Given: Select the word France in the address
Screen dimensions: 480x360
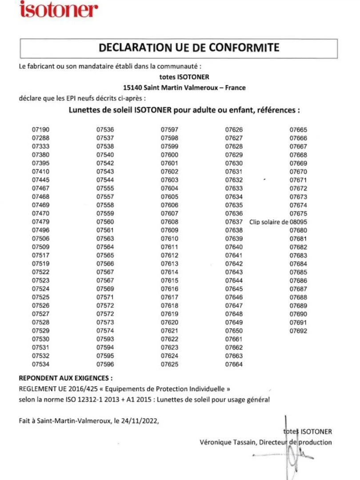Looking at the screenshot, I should pyautogui.click(x=235, y=88).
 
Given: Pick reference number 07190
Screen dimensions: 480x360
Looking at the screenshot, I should pyautogui.click(x=40, y=130).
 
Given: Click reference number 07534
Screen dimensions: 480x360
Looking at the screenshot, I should pyautogui.click(x=40, y=364).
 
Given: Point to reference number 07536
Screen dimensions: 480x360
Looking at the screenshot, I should pyautogui.click(x=105, y=130).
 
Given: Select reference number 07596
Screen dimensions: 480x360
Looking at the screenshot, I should pyautogui.click(x=105, y=364).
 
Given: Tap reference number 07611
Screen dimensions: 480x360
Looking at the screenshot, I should pyautogui.click(x=169, y=247).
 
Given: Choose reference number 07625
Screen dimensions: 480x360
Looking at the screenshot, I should pyautogui.click(x=169, y=364).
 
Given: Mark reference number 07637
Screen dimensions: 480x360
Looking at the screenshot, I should pyautogui.click(x=234, y=222).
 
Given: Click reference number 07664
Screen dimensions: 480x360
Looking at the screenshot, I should pyautogui.click(x=234, y=364).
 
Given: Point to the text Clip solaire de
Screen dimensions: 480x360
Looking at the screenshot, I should pyautogui.click(x=269, y=222).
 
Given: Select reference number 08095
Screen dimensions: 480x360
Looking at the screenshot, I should pyautogui.click(x=298, y=222).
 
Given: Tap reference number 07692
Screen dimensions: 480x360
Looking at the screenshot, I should pyautogui.click(x=298, y=331).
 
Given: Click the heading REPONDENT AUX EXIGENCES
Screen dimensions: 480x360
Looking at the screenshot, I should pyautogui.click(x=65, y=379).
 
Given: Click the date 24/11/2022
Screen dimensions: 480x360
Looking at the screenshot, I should pyautogui.click(x=143, y=420).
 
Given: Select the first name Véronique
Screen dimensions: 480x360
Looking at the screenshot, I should pyautogui.click(x=215, y=442).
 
